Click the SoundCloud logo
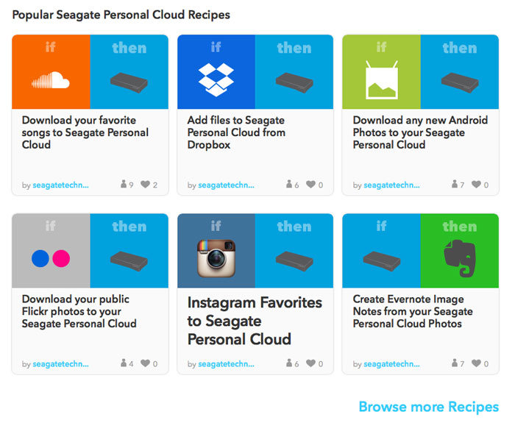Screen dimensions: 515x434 (51, 79)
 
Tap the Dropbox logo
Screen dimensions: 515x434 (216, 79)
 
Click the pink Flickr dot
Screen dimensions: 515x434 (61, 258)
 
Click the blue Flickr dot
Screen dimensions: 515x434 (40, 258)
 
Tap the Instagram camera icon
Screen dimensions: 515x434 (216, 258)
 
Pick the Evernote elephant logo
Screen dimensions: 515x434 (460, 258)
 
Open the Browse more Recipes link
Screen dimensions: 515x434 (429, 407)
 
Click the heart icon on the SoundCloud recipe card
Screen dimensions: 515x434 (145, 184)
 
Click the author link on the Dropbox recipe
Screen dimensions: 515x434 (226, 185)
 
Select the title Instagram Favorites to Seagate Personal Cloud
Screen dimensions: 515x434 (255, 321)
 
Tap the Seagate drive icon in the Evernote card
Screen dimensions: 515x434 (382, 261)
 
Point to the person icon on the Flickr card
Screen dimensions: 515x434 (124, 363)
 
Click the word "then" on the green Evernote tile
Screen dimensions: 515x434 (460, 227)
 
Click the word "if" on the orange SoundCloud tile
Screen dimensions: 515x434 (50, 47)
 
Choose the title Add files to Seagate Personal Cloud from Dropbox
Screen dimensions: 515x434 (236, 132)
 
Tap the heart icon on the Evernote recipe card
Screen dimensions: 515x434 (476, 363)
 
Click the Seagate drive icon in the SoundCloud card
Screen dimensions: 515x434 (129, 82)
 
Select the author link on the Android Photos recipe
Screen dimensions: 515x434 (391, 185)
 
